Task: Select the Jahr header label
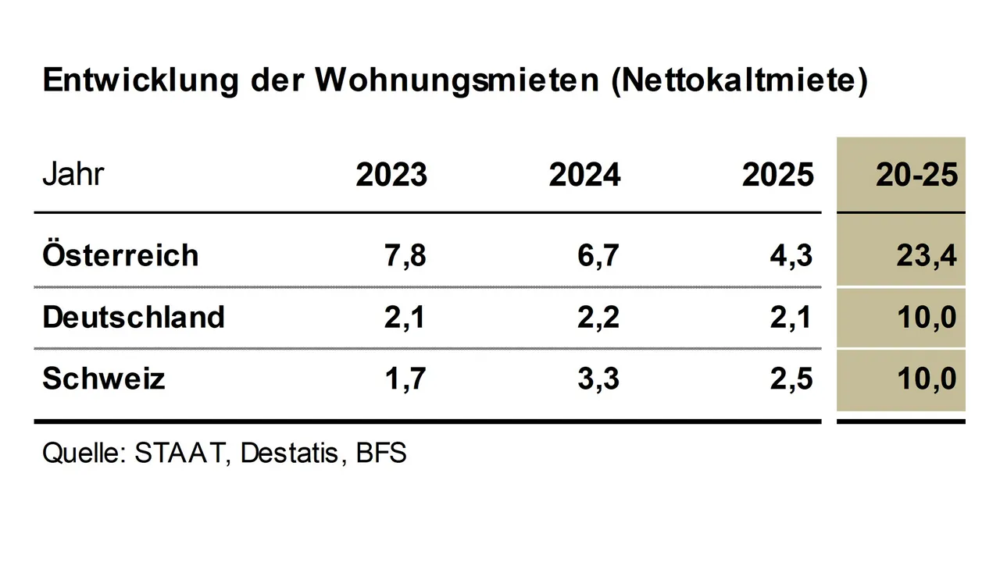(73, 175)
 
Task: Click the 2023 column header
(391, 176)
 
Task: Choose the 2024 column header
(584, 176)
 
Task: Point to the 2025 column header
(777, 176)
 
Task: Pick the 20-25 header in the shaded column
(916, 176)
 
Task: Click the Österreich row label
(120, 255)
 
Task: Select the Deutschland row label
(134, 317)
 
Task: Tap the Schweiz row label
(104, 379)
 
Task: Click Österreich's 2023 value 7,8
(406, 256)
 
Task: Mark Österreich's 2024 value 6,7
(599, 256)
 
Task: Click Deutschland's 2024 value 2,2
(599, 318)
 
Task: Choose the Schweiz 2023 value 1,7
(406, 380)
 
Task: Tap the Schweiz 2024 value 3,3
(599, 380)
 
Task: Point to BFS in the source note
(381, 454)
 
